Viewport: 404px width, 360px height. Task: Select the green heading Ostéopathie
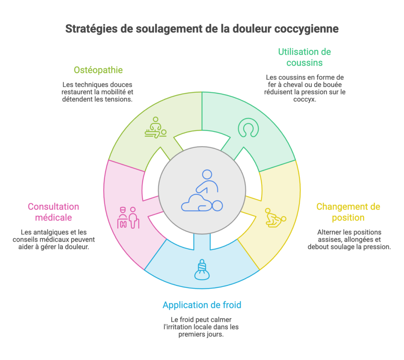pos(98,70)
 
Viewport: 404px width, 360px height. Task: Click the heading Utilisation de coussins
pos(305,57)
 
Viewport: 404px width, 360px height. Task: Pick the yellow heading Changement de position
pos(348,212)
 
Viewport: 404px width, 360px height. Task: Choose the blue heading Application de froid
pos(202,305)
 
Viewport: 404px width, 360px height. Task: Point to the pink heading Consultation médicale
pos(53,212)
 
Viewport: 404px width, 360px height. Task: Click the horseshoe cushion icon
pos(249,127)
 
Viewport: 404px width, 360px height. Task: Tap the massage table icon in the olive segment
pos(155,127)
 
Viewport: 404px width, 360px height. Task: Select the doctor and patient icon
pos(128,217)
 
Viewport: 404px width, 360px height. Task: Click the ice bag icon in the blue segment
pos(202,270)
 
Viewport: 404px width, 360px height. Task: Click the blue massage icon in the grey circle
pos(202,191)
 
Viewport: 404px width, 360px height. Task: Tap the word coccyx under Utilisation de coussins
pos(305,99)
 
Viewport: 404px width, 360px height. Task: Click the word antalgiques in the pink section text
pos(50,232)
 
